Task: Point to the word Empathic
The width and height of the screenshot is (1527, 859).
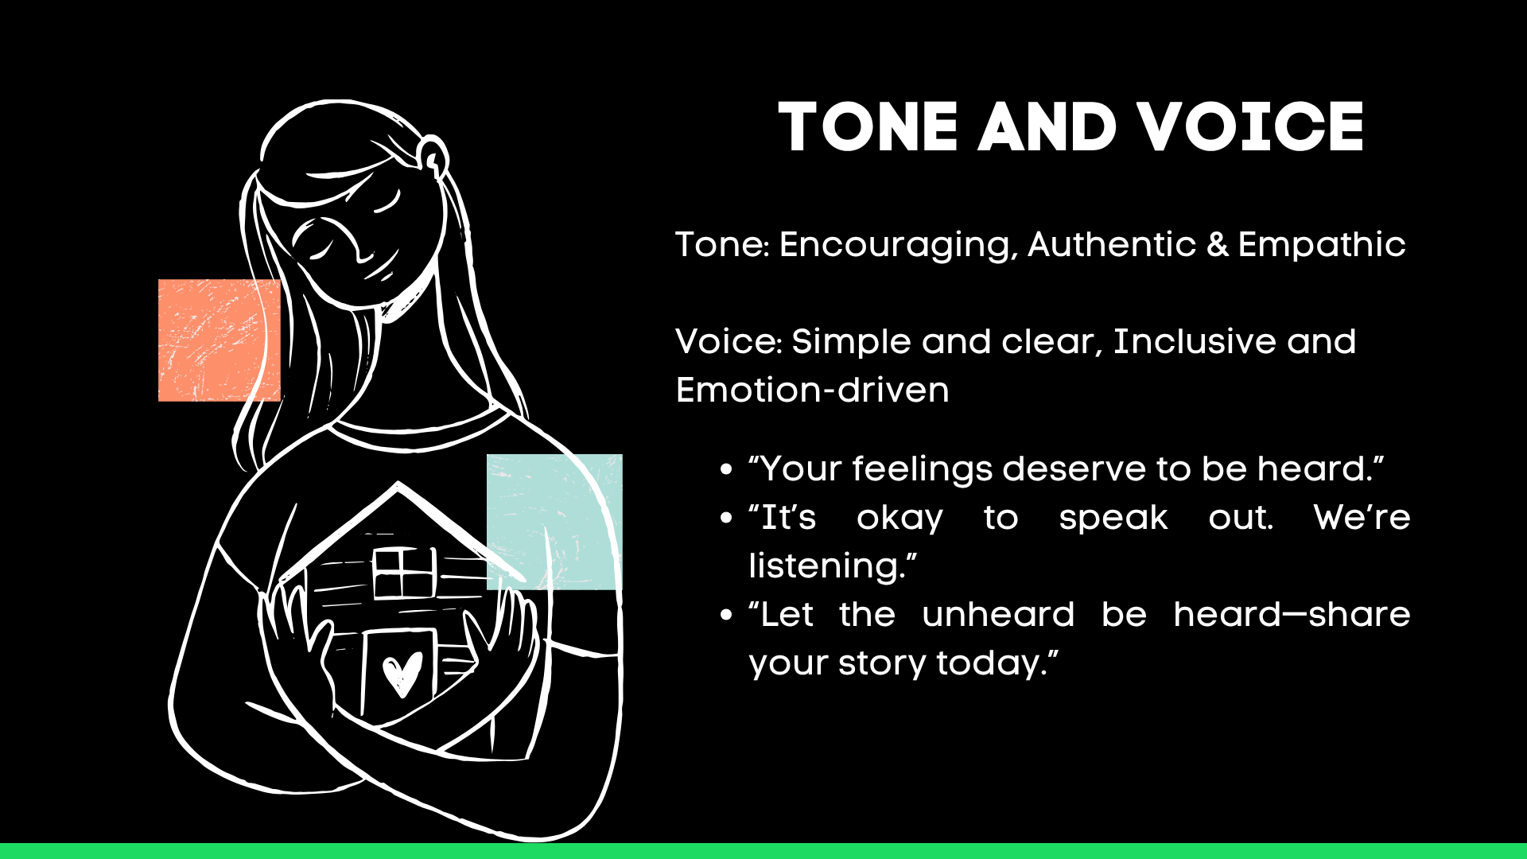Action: (1322, 244)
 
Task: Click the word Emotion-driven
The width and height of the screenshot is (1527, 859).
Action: (812, 390)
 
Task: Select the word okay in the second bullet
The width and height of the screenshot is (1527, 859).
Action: (899, 518)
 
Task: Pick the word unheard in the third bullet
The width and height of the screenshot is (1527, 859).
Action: (998, 615)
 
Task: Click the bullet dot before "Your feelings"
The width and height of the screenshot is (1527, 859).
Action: (725, 470)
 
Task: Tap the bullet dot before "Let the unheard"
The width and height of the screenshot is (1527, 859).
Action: (725, 616)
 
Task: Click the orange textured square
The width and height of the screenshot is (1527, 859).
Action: (220, 340)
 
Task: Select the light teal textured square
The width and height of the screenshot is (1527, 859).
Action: (554, 522)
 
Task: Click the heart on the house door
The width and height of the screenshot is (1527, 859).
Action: (402, 674)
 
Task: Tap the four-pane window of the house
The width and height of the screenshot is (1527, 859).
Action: (404, 573)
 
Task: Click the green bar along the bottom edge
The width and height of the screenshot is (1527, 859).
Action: (763, 851)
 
